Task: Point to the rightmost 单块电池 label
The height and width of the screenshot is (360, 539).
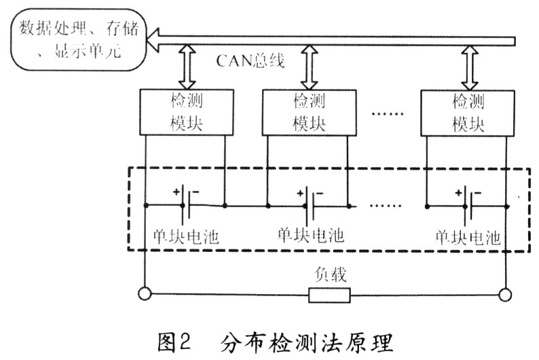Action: coord(468,238)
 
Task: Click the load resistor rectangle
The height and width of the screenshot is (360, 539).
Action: coord(330,295)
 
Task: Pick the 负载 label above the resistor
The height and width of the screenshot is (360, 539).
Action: coord(330,274)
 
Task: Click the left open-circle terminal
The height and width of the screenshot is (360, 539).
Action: coord(144,295)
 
